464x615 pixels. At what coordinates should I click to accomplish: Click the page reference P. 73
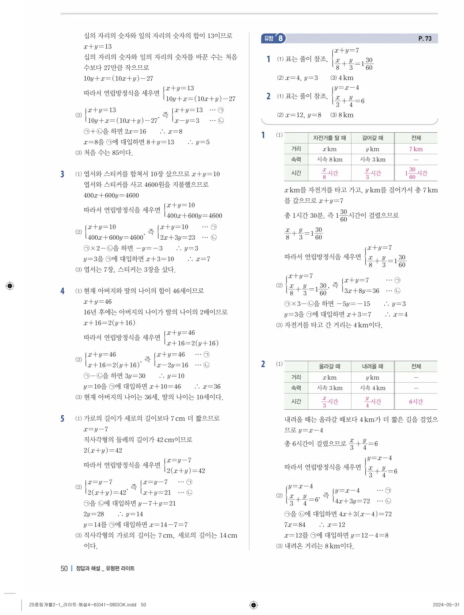425,38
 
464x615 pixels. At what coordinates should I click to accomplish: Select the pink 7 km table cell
416,149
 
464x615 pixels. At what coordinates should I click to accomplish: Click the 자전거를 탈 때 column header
329,138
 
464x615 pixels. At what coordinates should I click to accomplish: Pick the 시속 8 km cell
330,159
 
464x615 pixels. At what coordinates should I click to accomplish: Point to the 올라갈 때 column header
329,366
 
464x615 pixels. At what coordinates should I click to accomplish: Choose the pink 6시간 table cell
416,402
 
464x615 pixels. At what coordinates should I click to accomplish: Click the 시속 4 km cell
372,388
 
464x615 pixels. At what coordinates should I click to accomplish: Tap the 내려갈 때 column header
372,366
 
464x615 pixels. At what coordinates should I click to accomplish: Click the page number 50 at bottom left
64,568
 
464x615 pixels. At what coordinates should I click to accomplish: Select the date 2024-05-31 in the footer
446,605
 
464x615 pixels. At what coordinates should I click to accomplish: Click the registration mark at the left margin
10,286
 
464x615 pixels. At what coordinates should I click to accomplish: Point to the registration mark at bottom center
253,605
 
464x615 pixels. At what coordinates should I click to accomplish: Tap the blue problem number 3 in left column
62,174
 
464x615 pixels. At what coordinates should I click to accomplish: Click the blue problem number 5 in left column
62,419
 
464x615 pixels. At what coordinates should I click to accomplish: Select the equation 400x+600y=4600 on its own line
111,195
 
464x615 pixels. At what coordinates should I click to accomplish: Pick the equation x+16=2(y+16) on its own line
109,323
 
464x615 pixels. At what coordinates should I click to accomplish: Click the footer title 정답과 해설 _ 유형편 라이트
105,568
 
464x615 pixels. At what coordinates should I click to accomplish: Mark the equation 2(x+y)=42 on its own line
103,450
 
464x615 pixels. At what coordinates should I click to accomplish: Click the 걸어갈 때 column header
372,138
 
